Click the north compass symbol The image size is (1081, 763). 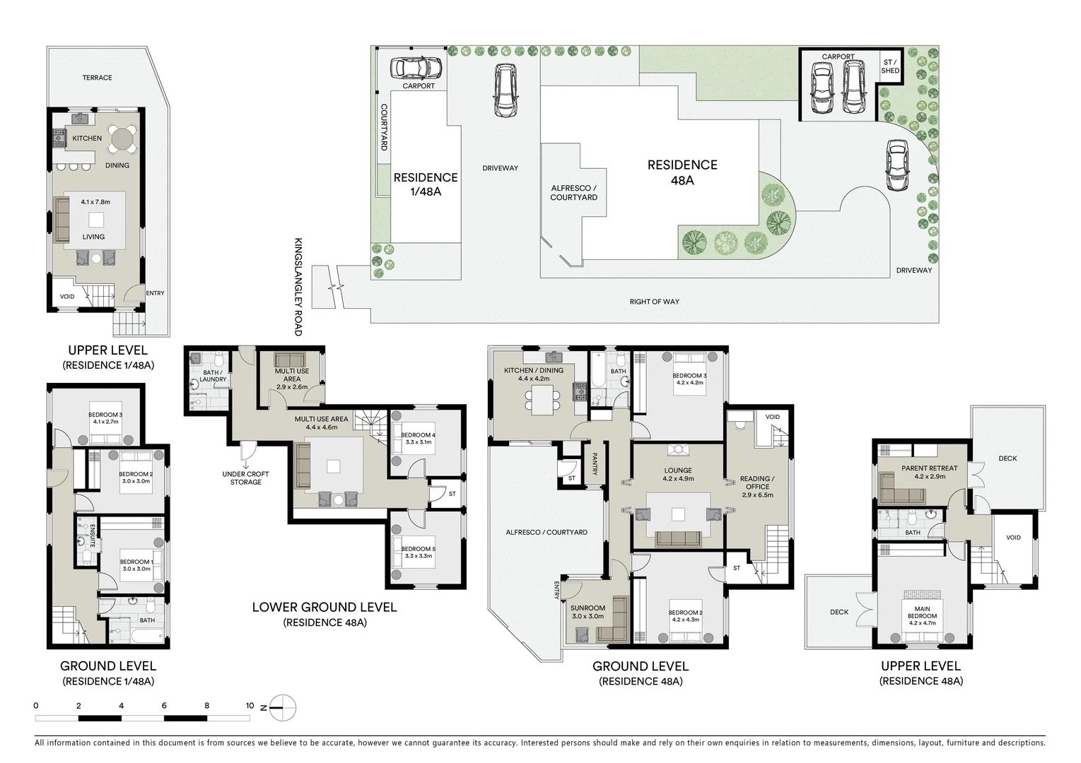pos(282,707)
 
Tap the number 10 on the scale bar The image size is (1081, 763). pos(250,705)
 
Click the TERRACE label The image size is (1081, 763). pos(97,78)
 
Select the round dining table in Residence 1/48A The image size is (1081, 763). pos(123,139)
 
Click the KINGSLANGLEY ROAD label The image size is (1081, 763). pos(298,287)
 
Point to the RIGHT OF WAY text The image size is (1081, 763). pos(655,302)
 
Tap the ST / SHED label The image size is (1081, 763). pos(890,66)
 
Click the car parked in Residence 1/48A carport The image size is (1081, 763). pos(416,68)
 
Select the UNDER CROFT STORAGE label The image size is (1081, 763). pos(245,478)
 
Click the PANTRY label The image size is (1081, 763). pos(595,464)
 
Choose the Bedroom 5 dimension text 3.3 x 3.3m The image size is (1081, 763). pos(419,556)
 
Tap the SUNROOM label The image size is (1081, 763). pos(588,608)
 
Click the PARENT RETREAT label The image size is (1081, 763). pos(930,468)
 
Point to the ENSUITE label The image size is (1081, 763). pos(92,536)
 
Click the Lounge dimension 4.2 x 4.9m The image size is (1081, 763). pos(678,479)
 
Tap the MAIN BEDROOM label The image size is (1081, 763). pos(922,613)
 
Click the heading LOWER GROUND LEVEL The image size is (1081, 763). pos(325,607)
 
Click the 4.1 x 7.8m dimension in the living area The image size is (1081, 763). pos(95,202)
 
